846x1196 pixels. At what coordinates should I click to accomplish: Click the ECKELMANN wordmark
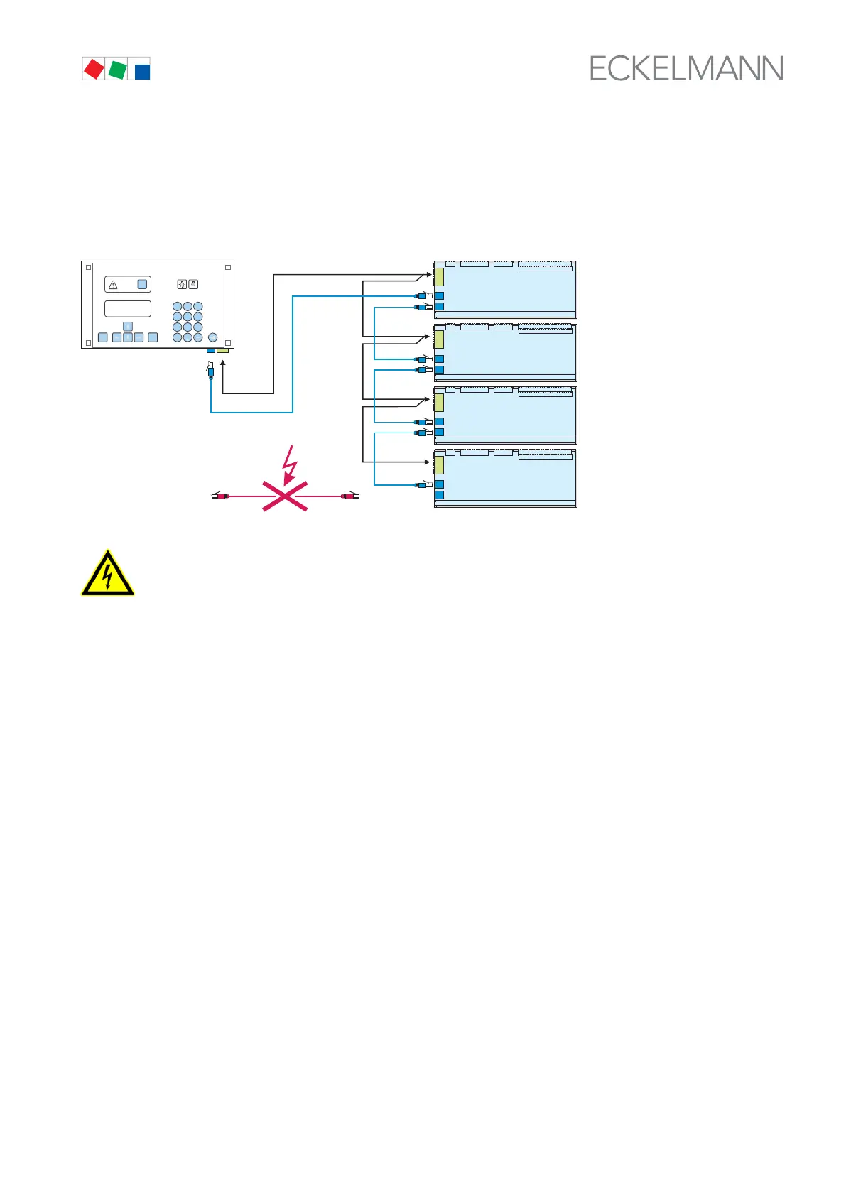686,68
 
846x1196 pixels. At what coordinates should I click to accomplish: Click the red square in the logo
94,69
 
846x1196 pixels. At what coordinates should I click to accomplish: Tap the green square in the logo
117,70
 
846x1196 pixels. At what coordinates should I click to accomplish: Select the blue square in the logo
142,71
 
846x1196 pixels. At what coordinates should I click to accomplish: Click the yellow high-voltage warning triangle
107,573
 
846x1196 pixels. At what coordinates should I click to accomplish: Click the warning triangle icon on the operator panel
113,285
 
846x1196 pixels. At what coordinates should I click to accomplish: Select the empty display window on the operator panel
128,308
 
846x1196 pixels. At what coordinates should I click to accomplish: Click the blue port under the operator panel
210,350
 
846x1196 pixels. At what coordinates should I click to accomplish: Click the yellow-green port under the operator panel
222,350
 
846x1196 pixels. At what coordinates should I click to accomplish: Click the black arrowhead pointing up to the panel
223,364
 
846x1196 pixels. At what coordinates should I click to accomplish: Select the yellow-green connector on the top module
439,277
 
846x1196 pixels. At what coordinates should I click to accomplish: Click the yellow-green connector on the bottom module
439,465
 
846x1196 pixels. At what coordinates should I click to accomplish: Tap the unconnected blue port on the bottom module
439,495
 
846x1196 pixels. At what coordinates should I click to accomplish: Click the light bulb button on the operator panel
182,285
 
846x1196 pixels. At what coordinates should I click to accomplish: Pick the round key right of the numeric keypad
212,337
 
